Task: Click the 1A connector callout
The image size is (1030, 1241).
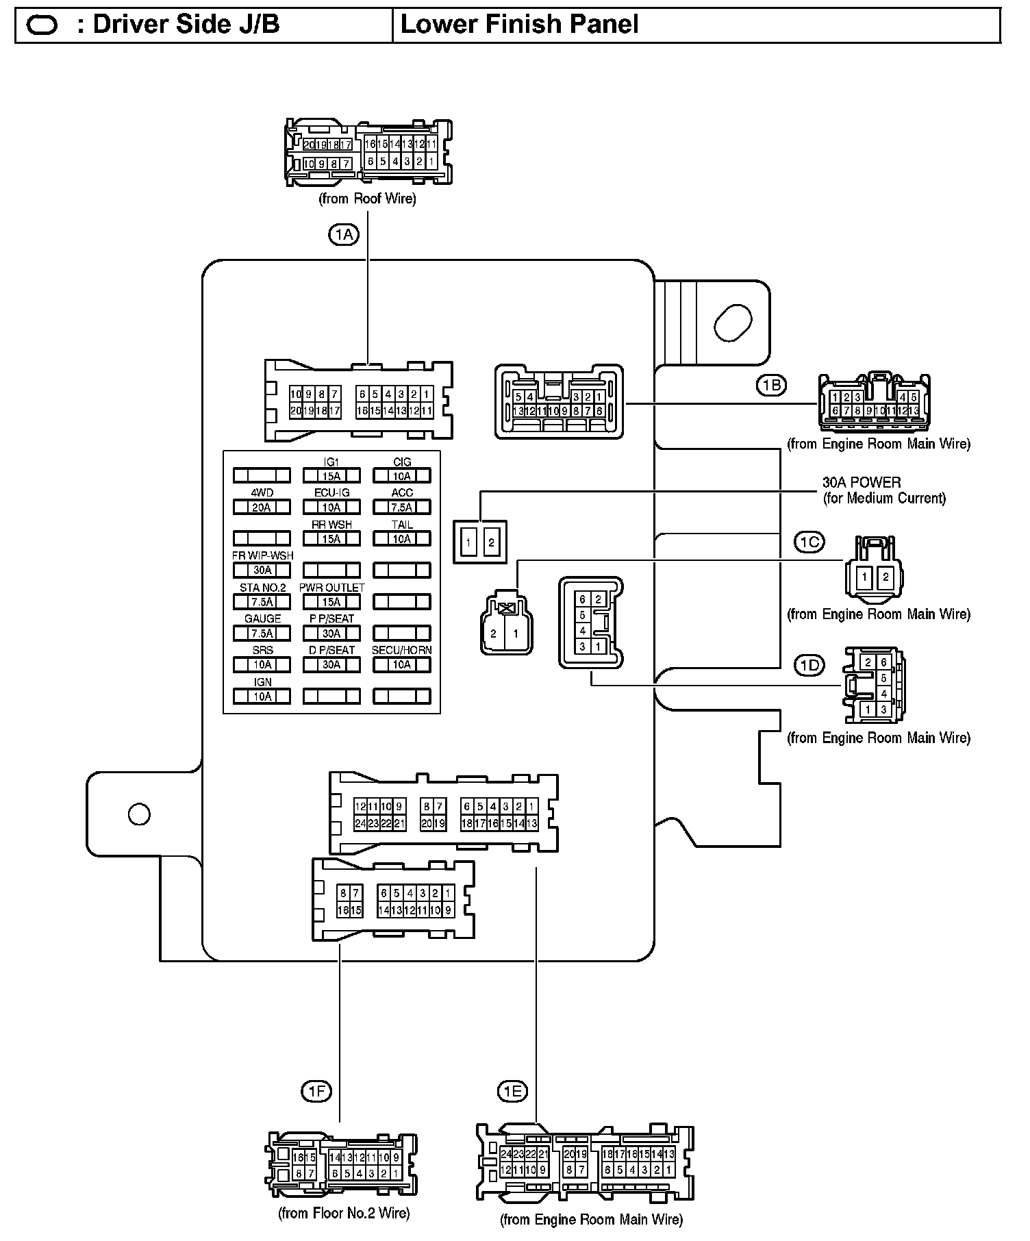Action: (x=344, y=235)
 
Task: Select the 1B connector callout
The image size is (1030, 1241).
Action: (x=772, y=386)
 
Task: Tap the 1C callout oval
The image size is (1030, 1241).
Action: (x=809, y=542)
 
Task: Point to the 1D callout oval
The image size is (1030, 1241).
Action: (x=809, y=665)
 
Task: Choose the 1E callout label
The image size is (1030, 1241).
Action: (x=512, y=1091)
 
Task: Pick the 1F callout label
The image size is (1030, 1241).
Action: (x=316, y=1091)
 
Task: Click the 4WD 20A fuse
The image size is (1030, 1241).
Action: (x=262, y=507)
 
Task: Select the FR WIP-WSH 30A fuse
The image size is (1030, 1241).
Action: (x=262, y=570)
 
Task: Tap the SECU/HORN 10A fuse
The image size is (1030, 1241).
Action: (x=401, y=664)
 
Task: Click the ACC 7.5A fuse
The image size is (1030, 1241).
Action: (x=401, y=507)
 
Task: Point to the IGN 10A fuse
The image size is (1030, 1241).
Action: (x=262, y=697)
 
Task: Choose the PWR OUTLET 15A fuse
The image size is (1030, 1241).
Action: (x=331, y=602)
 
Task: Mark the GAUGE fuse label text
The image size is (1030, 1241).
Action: (x=262, y=618)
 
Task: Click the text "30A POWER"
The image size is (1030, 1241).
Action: (x=862, y=482)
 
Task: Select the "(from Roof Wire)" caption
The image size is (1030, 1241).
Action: (x=367, y=199)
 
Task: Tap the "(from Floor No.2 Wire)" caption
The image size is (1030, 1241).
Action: (x=344, y=1213)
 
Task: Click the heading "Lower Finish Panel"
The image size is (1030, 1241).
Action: (x=519, y=25)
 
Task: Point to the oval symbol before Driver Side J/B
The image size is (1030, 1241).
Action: (x=42, y=25)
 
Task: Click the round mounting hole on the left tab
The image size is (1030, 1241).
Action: (x=139, y=814)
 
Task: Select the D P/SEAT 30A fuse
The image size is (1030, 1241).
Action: (x=331, y=664)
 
